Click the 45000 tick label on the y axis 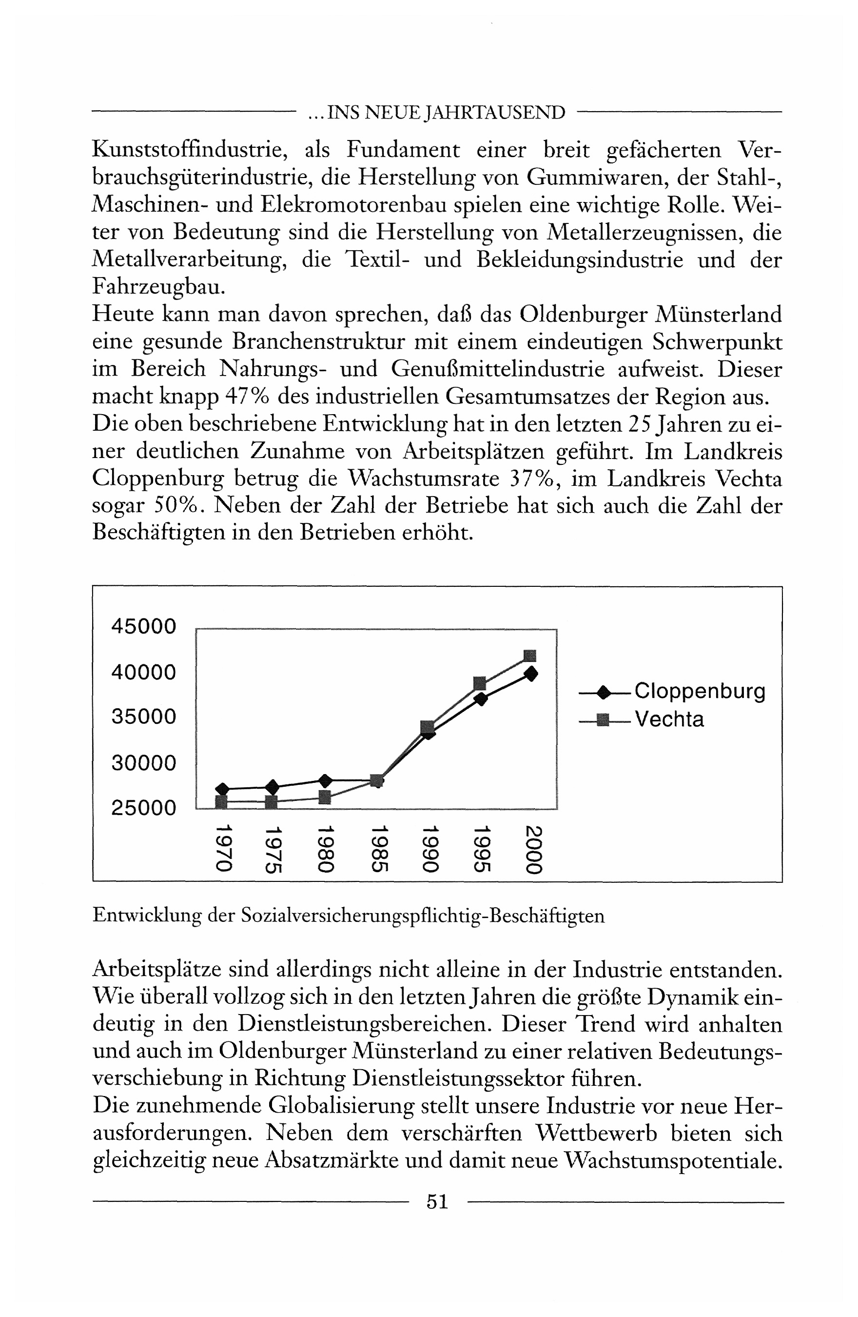point(144,626)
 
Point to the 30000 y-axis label point(144,763)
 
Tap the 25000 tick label point(144,808)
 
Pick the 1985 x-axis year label point(377,849)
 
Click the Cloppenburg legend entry point(700,691)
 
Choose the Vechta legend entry point(669,719)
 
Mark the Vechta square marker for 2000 point(530,656)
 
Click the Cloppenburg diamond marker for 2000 point(531,674)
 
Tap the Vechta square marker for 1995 point(480,683)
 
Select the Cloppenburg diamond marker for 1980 point(325,781)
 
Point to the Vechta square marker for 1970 point(221,801)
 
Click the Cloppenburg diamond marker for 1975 point(272,786)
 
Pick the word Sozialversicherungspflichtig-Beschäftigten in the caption point(423,916)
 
